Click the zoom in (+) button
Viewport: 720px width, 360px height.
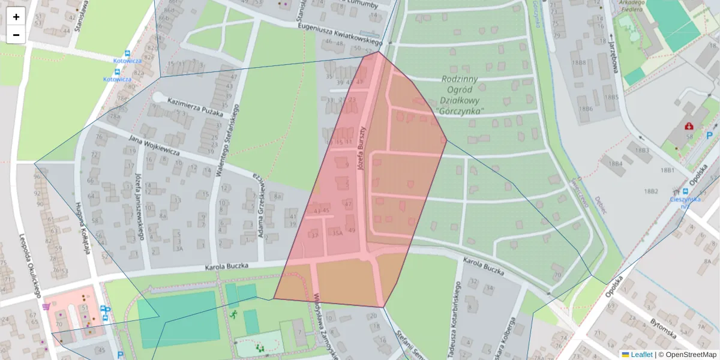(16, 16)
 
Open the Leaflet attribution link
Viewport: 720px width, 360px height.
(641, 355)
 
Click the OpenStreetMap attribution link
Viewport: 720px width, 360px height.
(691, 355)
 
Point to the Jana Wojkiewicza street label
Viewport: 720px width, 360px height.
(154, 146)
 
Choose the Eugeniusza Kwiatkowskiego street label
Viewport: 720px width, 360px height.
(340, 32)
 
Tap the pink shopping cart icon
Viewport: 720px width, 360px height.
(46, 307)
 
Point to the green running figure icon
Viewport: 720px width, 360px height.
(233, 313)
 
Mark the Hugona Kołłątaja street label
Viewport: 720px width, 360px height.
(83, 228)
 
